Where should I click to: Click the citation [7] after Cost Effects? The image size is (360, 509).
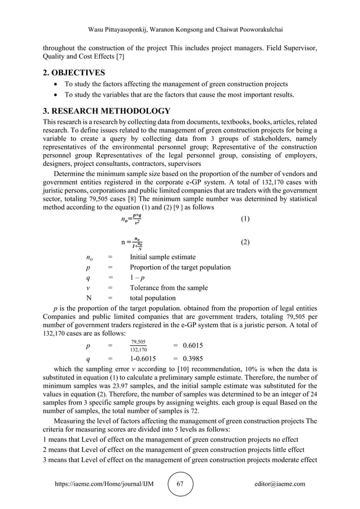click(119, 58)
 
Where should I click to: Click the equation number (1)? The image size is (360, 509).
click(245, 218)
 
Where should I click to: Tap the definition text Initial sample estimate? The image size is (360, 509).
click(163, 257)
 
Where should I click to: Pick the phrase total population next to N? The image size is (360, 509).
click(152, 298)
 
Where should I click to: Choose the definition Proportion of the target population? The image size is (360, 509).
click(180, 267)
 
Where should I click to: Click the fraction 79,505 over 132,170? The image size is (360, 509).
click(138, 345)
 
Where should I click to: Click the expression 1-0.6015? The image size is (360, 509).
click(143, 358)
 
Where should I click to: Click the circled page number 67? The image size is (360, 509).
click(181, 484)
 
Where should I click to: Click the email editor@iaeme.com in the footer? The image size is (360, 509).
click(280, 484)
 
